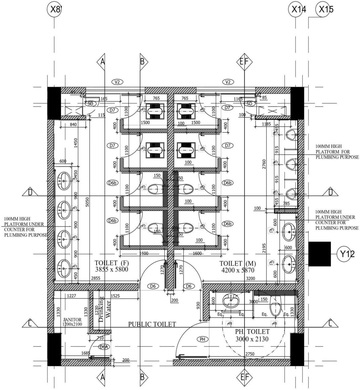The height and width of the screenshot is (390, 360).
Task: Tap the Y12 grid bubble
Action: click(347, 254)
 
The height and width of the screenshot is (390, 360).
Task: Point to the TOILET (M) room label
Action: click(238, 267)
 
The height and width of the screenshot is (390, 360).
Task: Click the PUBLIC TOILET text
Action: click(152, 324)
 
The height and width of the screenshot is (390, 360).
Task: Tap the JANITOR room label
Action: click(72, 322)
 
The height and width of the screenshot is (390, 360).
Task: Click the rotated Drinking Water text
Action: click(105, 309)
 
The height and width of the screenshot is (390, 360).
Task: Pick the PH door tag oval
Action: click(202, 339)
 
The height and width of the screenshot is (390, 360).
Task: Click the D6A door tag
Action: click(104, 347)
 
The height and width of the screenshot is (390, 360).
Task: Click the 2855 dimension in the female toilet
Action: click(95, 278)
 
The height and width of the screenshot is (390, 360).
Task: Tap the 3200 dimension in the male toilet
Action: click(251, 278)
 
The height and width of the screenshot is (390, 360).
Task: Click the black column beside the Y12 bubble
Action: click(319, 254)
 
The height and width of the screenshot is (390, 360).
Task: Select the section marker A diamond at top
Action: click(102, 62)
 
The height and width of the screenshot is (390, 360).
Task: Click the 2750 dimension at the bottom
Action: click(250, 354)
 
